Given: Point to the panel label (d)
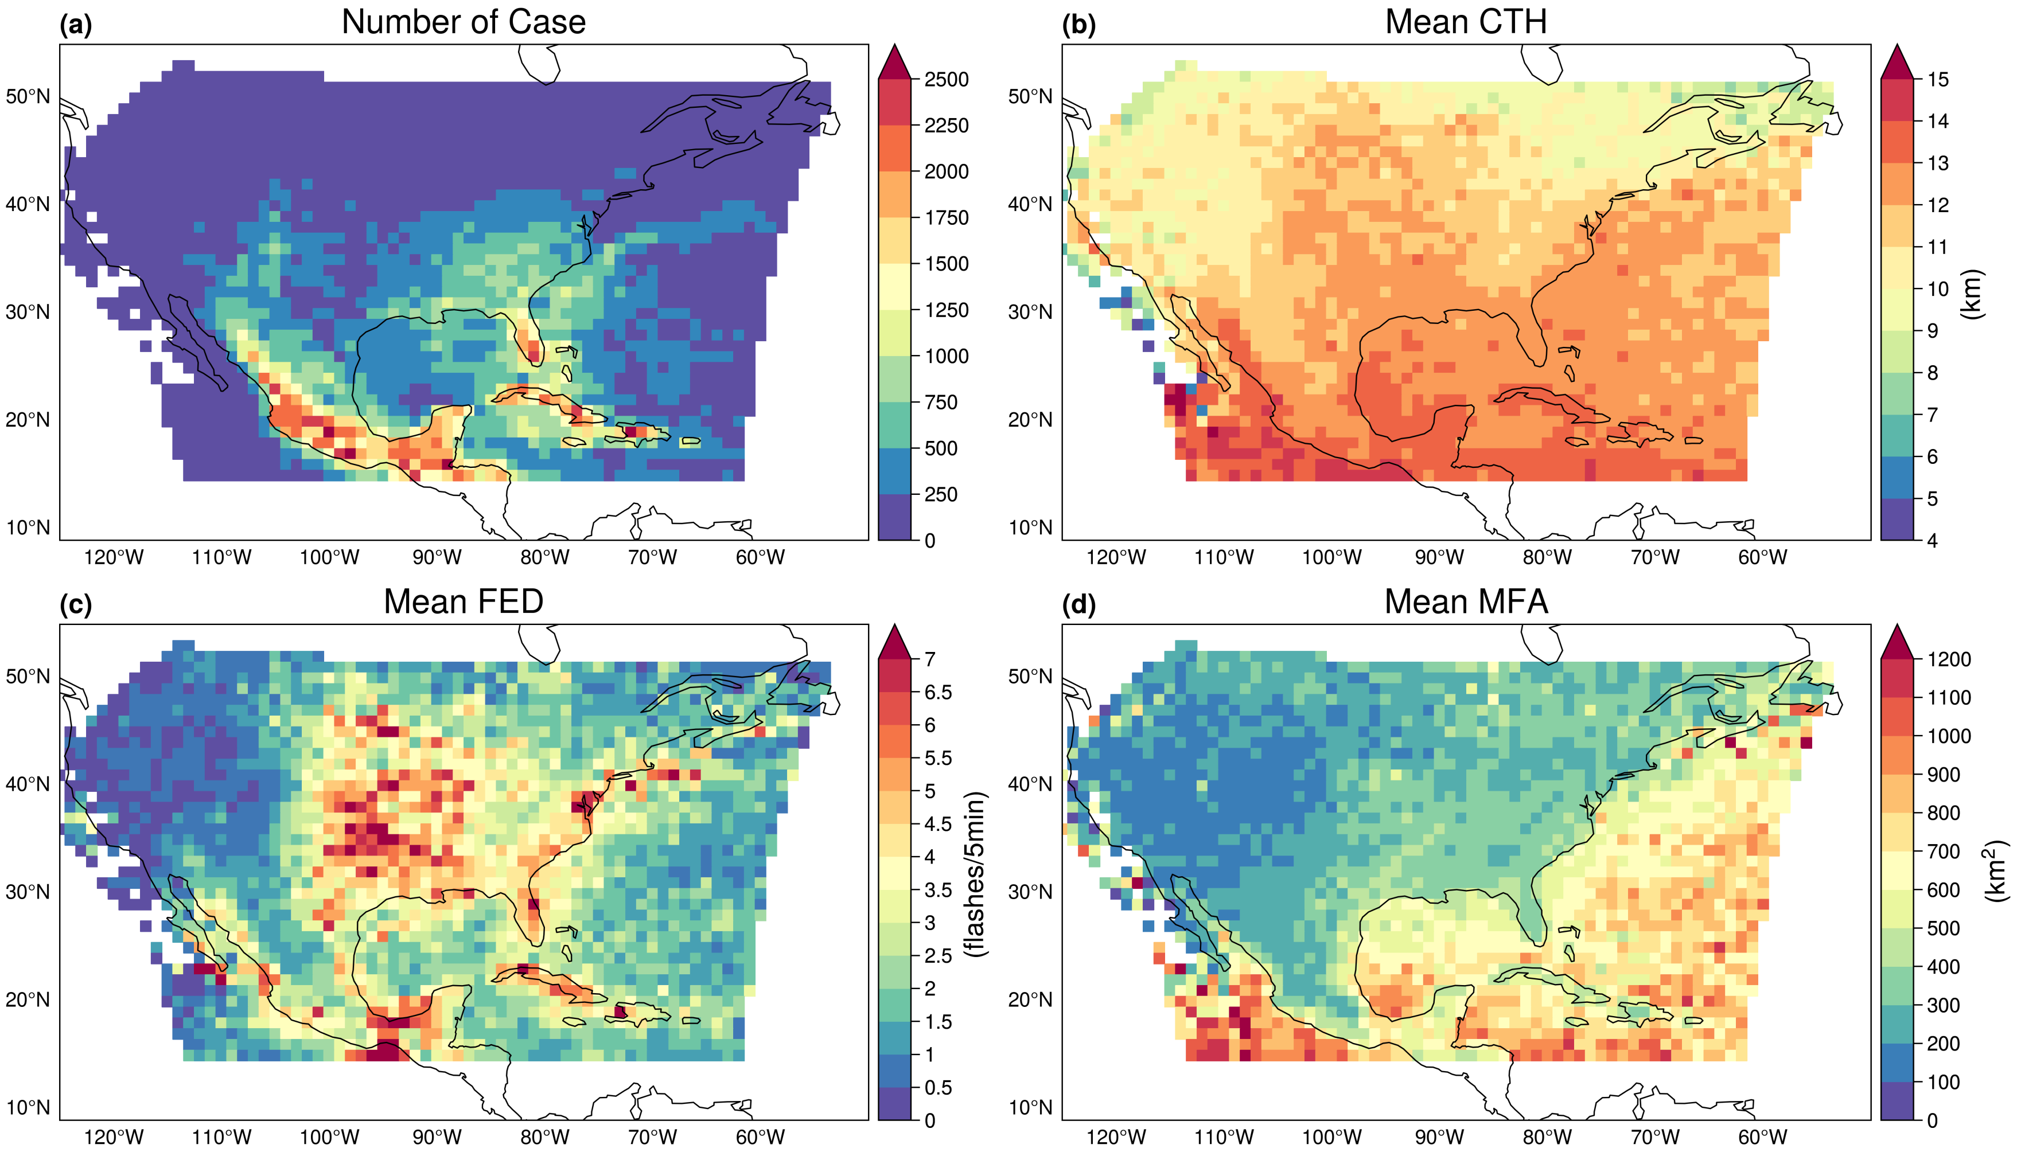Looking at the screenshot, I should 1078,605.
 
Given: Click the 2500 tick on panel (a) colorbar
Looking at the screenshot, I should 946,79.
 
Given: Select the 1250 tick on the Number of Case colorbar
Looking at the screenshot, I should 946,310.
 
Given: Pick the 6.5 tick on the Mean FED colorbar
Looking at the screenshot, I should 938,692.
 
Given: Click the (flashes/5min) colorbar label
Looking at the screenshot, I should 975,873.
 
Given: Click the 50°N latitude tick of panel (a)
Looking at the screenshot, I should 28,97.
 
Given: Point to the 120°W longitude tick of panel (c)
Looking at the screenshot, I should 114,1137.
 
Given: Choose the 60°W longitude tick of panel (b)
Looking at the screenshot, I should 1762,557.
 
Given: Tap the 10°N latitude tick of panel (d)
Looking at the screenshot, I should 1030,1108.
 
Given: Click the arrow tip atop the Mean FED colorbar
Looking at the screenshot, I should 894,627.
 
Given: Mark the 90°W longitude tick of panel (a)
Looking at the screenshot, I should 437,557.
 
